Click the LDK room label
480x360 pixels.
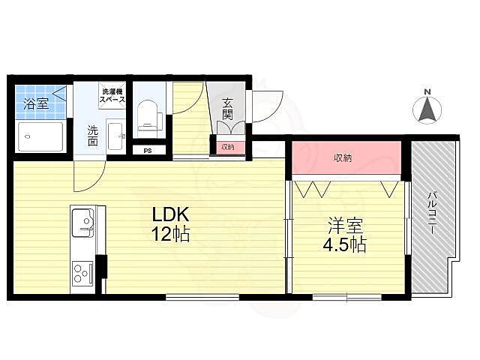170,214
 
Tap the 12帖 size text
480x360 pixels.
171,234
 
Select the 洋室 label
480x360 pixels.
346,226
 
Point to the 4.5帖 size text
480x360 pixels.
345,244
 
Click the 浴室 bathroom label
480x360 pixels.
36,104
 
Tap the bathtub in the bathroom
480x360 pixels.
41,136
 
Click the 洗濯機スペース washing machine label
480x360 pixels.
112,96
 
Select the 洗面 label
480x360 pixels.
92,136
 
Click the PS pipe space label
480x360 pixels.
148,151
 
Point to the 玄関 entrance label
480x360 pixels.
227,109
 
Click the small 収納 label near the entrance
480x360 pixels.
228,147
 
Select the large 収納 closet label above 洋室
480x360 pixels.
343,158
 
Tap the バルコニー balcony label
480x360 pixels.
432,213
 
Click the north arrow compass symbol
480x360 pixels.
427,109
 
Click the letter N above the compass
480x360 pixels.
427,91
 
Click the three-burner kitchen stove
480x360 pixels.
82,272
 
